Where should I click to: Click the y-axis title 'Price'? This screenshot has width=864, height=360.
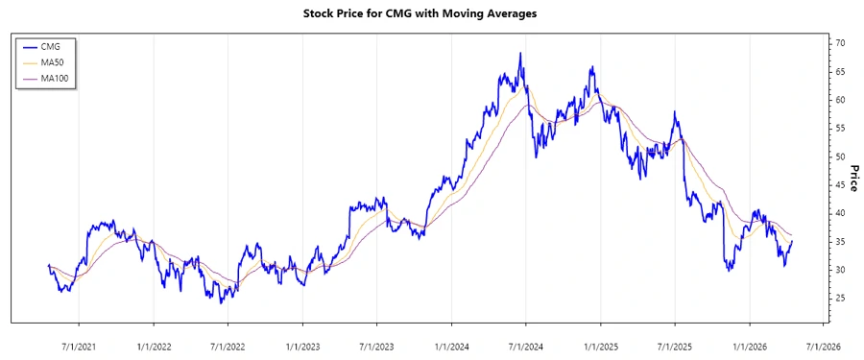pyautogui.click(x=852, y=178)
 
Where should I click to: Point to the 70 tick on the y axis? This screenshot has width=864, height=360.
pyautogui.click(x=839, y=44)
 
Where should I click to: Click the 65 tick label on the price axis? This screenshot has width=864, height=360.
pyautogui.click(x=839, y=72)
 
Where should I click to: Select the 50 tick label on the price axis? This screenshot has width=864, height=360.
pyautogui.click(x=839, y=156)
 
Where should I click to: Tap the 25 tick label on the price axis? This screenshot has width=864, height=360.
pyautogui.click(x=839, y=299)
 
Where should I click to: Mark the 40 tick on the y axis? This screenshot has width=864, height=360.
pyautogui.click(x=839, y=213)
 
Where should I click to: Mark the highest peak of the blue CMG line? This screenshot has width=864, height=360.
pyautogui.click(x=519, y=54)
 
